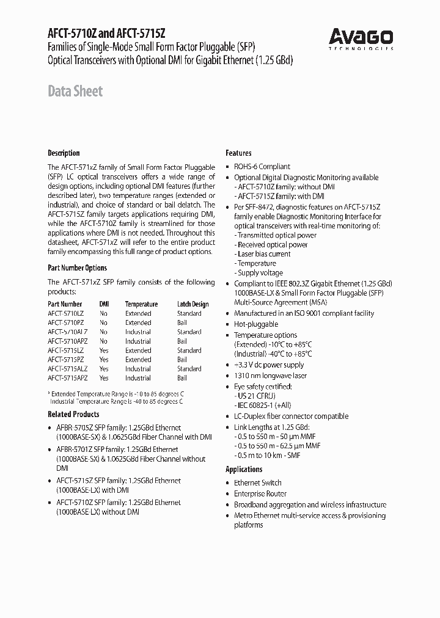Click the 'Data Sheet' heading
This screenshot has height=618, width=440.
coord(75,92)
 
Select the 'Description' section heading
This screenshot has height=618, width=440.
coord(64,153)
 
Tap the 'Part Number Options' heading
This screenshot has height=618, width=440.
coord(77,267)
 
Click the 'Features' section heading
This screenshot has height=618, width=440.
coord(238,153)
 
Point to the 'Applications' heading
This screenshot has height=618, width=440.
coord(244,469)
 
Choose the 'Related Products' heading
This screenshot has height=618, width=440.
coord(73,415)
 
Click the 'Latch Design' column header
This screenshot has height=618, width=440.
coord(193,304)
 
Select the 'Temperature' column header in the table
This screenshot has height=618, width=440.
coord(141,304)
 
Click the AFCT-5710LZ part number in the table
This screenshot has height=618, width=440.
coord(65,313)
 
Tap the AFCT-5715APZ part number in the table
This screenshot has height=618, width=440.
coord(67,378)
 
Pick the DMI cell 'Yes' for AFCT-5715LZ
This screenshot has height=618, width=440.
coord(104,351)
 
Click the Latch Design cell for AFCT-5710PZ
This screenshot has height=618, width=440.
coord(182,322)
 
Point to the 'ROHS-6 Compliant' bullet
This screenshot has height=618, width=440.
coord(262,167)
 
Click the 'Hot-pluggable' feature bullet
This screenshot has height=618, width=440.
coord(256,324)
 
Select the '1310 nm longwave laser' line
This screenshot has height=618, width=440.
coord(270,376)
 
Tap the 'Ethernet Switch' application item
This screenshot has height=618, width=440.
coord(257,483)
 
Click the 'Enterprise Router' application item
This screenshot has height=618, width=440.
coord(260,493)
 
